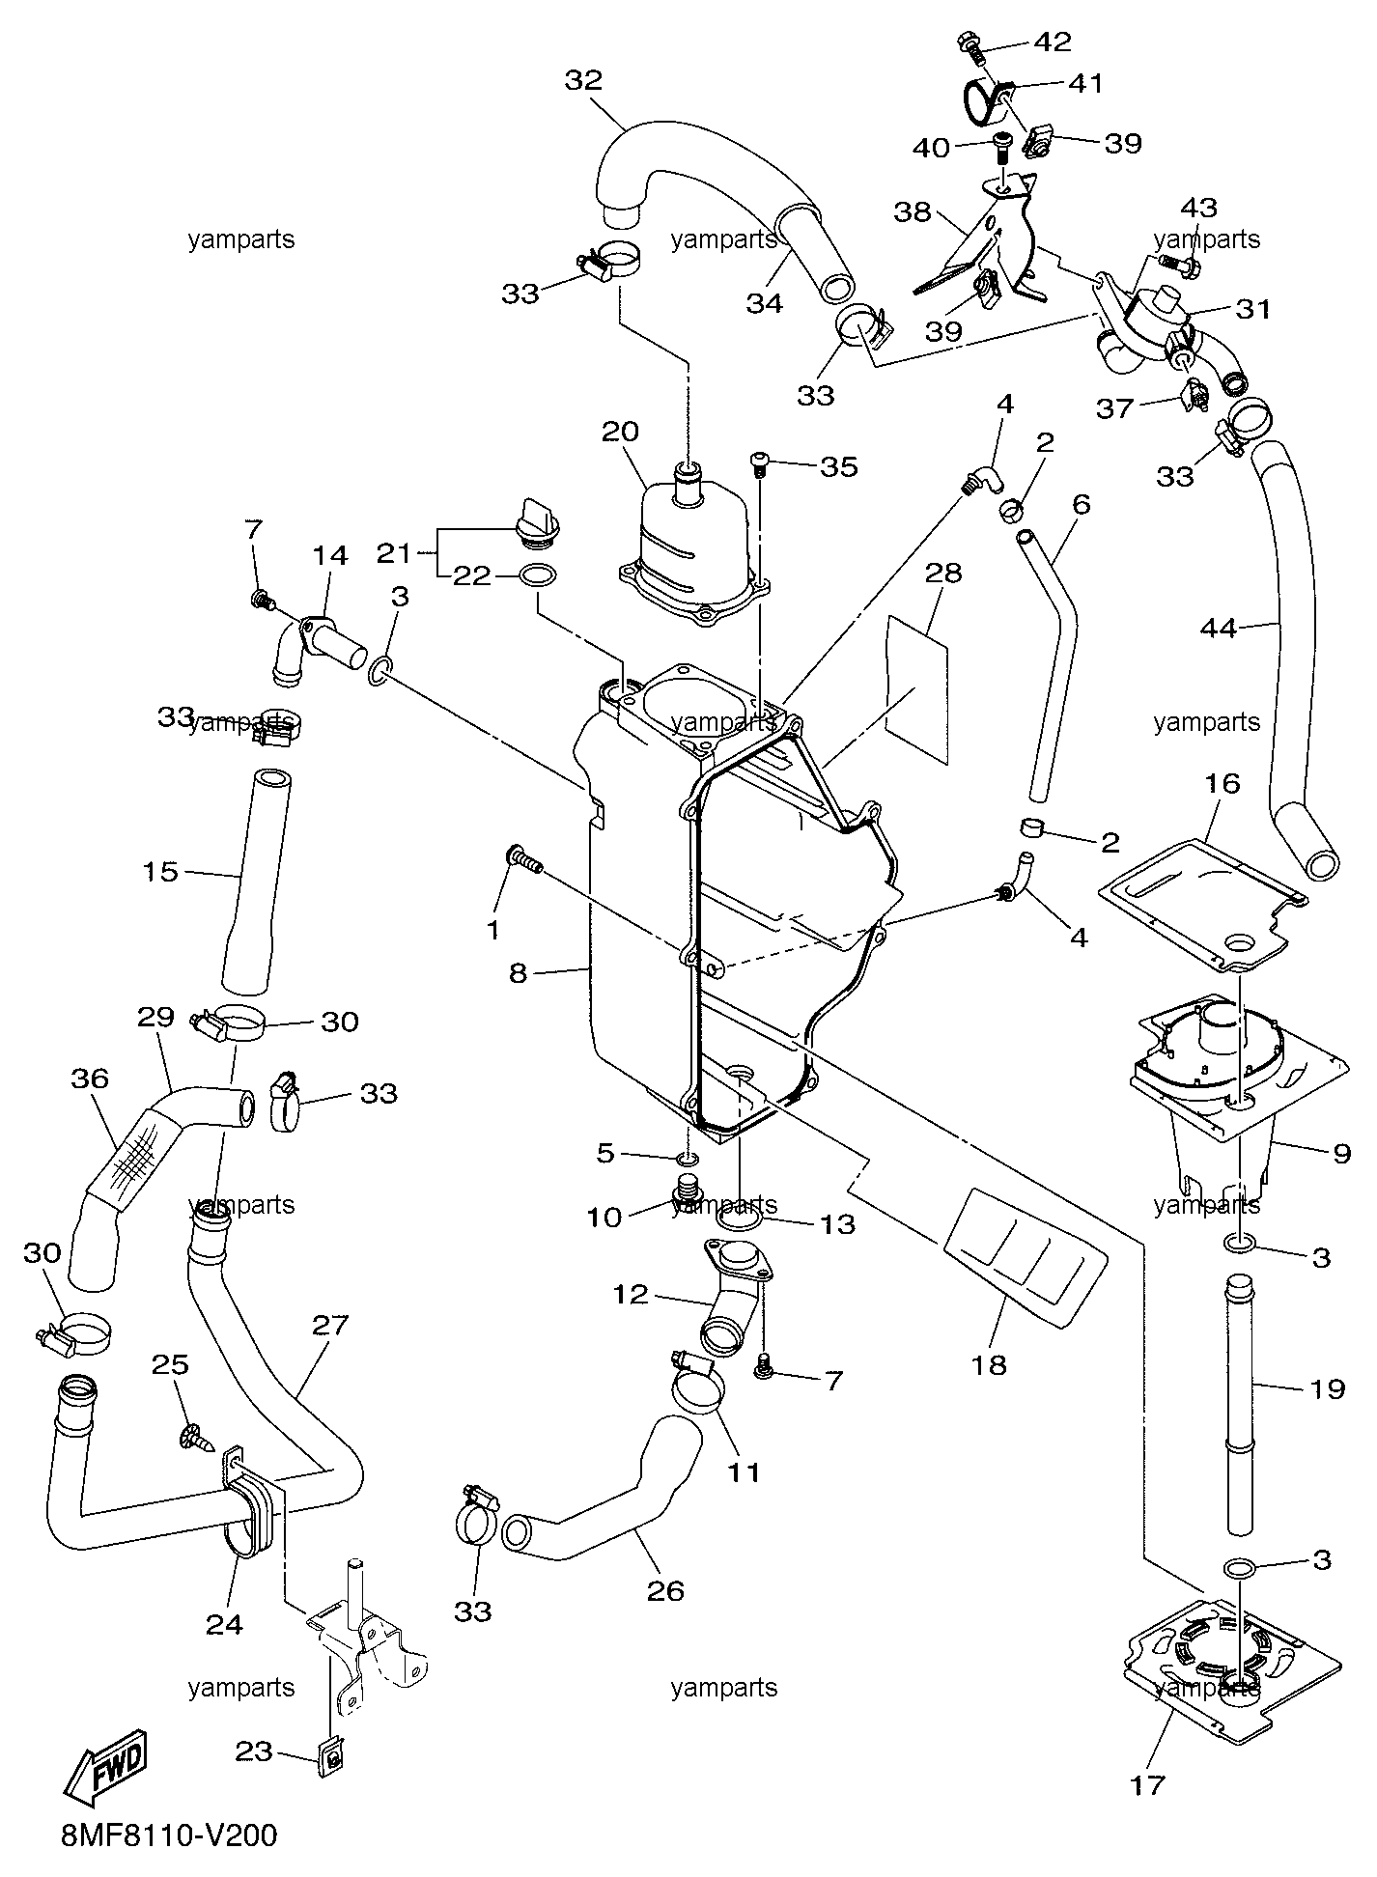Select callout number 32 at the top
click(583, 80)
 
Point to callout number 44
click(1218, 628)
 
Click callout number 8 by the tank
click(519, 972)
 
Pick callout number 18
click(990, 1364)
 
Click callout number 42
click(1053, 42)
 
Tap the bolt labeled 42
click(970, 42)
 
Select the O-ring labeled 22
click(537, 576)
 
